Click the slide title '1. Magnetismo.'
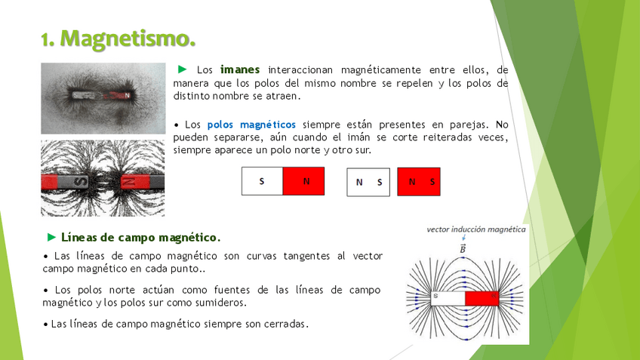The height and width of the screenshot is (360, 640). click(x=118, y=38)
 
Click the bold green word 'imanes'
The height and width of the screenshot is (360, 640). click(x=240, y=69)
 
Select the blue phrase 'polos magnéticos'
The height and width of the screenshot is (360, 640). click(x=251, y=125)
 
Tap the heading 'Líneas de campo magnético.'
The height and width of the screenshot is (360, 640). click(x=141, y=237)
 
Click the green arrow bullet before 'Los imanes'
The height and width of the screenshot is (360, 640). click(x=183, y=69)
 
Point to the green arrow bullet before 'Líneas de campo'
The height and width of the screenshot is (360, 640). click(x=51, y=237)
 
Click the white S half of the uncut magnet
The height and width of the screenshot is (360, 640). click(x=262, y=181)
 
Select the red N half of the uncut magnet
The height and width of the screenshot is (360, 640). click(x=303, y=181)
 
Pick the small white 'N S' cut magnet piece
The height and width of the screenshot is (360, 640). click(x=368, y=182)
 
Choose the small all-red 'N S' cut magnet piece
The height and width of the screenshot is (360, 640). click(x=419, y=182)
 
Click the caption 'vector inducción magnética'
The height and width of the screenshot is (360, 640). click(x=476, y=229)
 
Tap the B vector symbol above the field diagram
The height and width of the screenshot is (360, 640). click(x=463, y=248)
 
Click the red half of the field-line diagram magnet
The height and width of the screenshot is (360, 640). click(x=482, y=298)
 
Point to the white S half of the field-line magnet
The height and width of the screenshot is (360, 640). click(x=448, y=298)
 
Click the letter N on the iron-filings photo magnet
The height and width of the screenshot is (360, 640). click(x=128, y=96)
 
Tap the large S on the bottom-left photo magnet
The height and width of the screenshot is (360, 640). click(x=82, y=182)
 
